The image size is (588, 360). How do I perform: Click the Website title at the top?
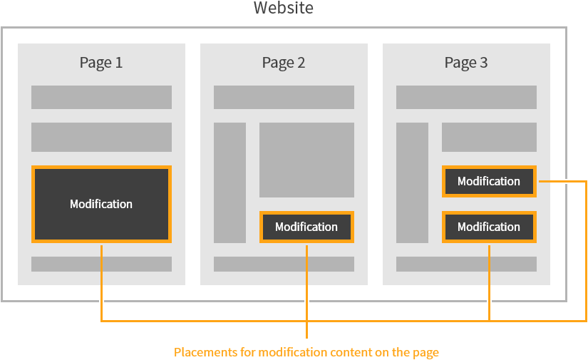pos(284,9)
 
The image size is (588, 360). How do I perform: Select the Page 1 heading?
pos(101,63)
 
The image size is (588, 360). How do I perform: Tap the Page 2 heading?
pos(284,63)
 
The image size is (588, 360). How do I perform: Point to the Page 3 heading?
pos(466,63)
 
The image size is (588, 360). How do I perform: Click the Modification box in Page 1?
pos(101,204)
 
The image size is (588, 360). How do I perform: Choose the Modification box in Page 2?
pos(306,227)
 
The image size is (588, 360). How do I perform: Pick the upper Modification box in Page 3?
pos(489,181)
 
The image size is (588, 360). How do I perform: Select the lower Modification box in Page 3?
pos(489,227)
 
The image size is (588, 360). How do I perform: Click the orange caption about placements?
pos(306,352)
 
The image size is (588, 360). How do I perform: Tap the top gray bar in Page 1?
pos(101,97)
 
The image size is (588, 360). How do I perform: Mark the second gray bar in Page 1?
pos(101,137)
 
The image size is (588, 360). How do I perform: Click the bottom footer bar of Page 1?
pos(101,264)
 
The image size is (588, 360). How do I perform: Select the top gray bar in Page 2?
pos(284,97)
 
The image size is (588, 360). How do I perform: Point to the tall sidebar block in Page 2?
pos(229,182)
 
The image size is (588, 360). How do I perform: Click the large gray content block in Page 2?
pos(306,160)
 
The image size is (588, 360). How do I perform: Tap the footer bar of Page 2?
pos(284,264)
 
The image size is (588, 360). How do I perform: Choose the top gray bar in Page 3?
pos(466,97)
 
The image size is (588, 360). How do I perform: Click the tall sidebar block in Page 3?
pos(412,182)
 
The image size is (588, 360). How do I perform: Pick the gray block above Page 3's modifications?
pos(489,137)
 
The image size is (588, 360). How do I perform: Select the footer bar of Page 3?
pos(466,264)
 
